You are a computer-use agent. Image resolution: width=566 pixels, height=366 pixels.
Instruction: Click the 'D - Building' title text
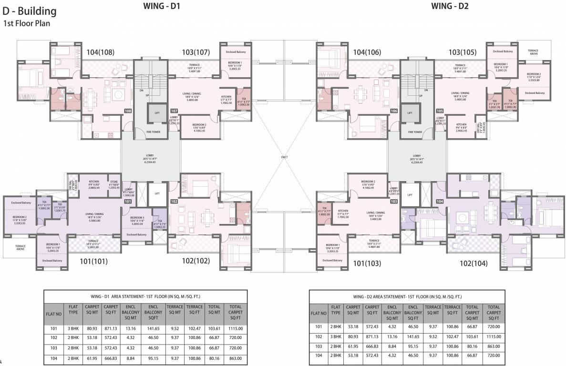click(30, 11)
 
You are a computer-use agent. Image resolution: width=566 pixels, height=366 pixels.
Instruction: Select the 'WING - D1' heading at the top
click(162, 6)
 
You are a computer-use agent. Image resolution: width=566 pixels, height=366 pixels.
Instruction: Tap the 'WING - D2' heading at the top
click(450, 6)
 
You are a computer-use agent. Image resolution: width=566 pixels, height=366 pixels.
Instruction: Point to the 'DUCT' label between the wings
click(284, 156)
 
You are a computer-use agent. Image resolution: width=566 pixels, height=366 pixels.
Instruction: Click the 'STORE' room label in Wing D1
click(113, 182)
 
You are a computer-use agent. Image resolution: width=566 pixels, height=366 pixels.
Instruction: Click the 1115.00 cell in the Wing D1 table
click(235, 328)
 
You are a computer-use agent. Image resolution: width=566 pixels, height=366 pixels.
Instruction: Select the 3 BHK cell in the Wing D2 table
click(336, 336)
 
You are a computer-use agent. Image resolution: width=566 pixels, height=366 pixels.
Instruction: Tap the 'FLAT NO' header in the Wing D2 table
click(319, 313)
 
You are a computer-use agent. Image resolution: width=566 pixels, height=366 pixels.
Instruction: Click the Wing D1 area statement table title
click(145, 296)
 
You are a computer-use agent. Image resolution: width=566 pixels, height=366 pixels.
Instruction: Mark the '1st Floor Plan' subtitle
click(27, 23)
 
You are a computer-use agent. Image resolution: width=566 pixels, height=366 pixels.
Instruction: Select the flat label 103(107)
click(196, 52)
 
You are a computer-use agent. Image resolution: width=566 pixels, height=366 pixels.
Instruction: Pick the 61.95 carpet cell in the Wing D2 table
click(353, 346)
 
